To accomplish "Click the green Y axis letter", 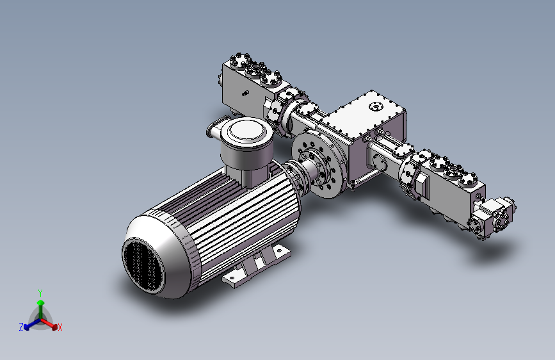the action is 40,293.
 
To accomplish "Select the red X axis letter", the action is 60,327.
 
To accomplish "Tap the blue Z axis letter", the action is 21,327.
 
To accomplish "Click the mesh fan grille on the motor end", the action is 143,265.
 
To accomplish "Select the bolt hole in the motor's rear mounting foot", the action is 279,250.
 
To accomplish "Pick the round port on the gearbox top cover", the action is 376,106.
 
